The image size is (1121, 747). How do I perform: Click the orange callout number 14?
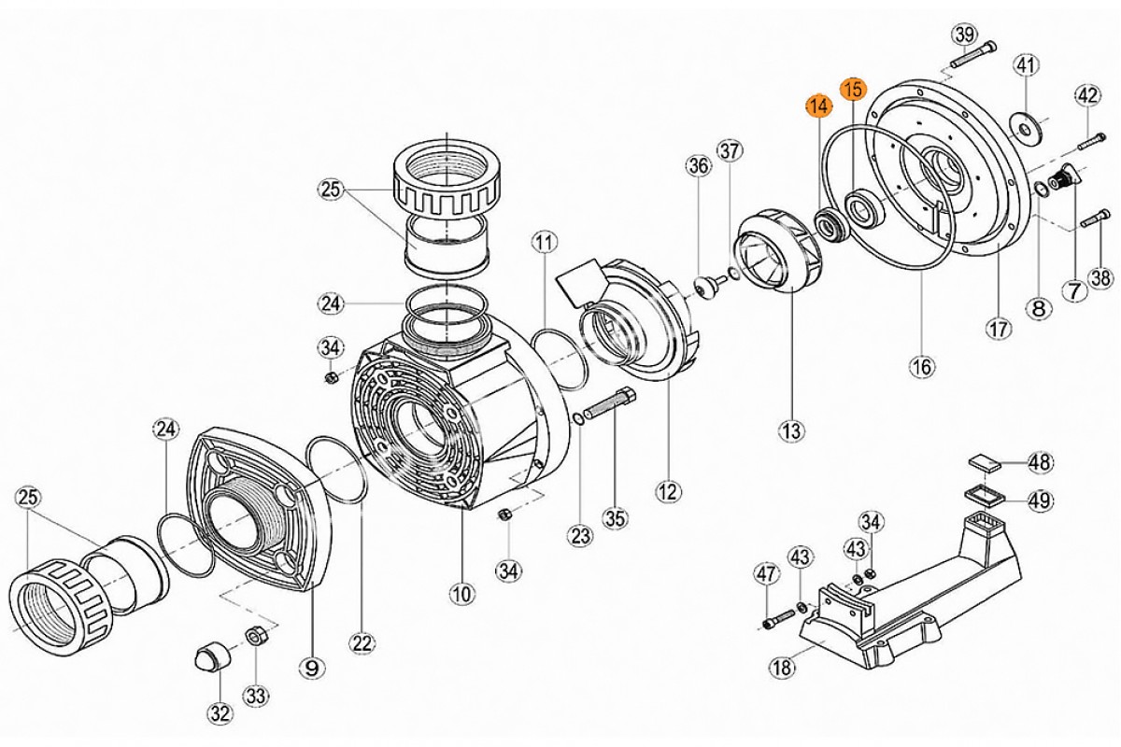click(x=818, y=106)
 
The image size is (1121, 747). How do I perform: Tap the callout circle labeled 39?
click(x=963, y=35)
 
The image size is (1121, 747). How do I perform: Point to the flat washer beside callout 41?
click(x=1025, y=126)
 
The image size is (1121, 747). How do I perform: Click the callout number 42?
click(x=1086, y=95)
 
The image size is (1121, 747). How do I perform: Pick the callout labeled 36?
click(x=698, y=166)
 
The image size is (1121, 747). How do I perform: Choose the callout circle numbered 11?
click(x=544, y=244)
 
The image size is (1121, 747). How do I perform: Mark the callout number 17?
click(x=999, y=328)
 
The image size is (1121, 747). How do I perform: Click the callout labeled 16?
click(x=921, y=366)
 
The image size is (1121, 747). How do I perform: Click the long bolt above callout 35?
click(x=612, y=407)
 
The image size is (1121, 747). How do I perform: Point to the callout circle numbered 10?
click(x=462, y=592)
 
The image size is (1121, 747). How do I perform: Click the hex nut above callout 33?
click(x=254, y=637)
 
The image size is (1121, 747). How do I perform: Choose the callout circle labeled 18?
click(x=780, y=667)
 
